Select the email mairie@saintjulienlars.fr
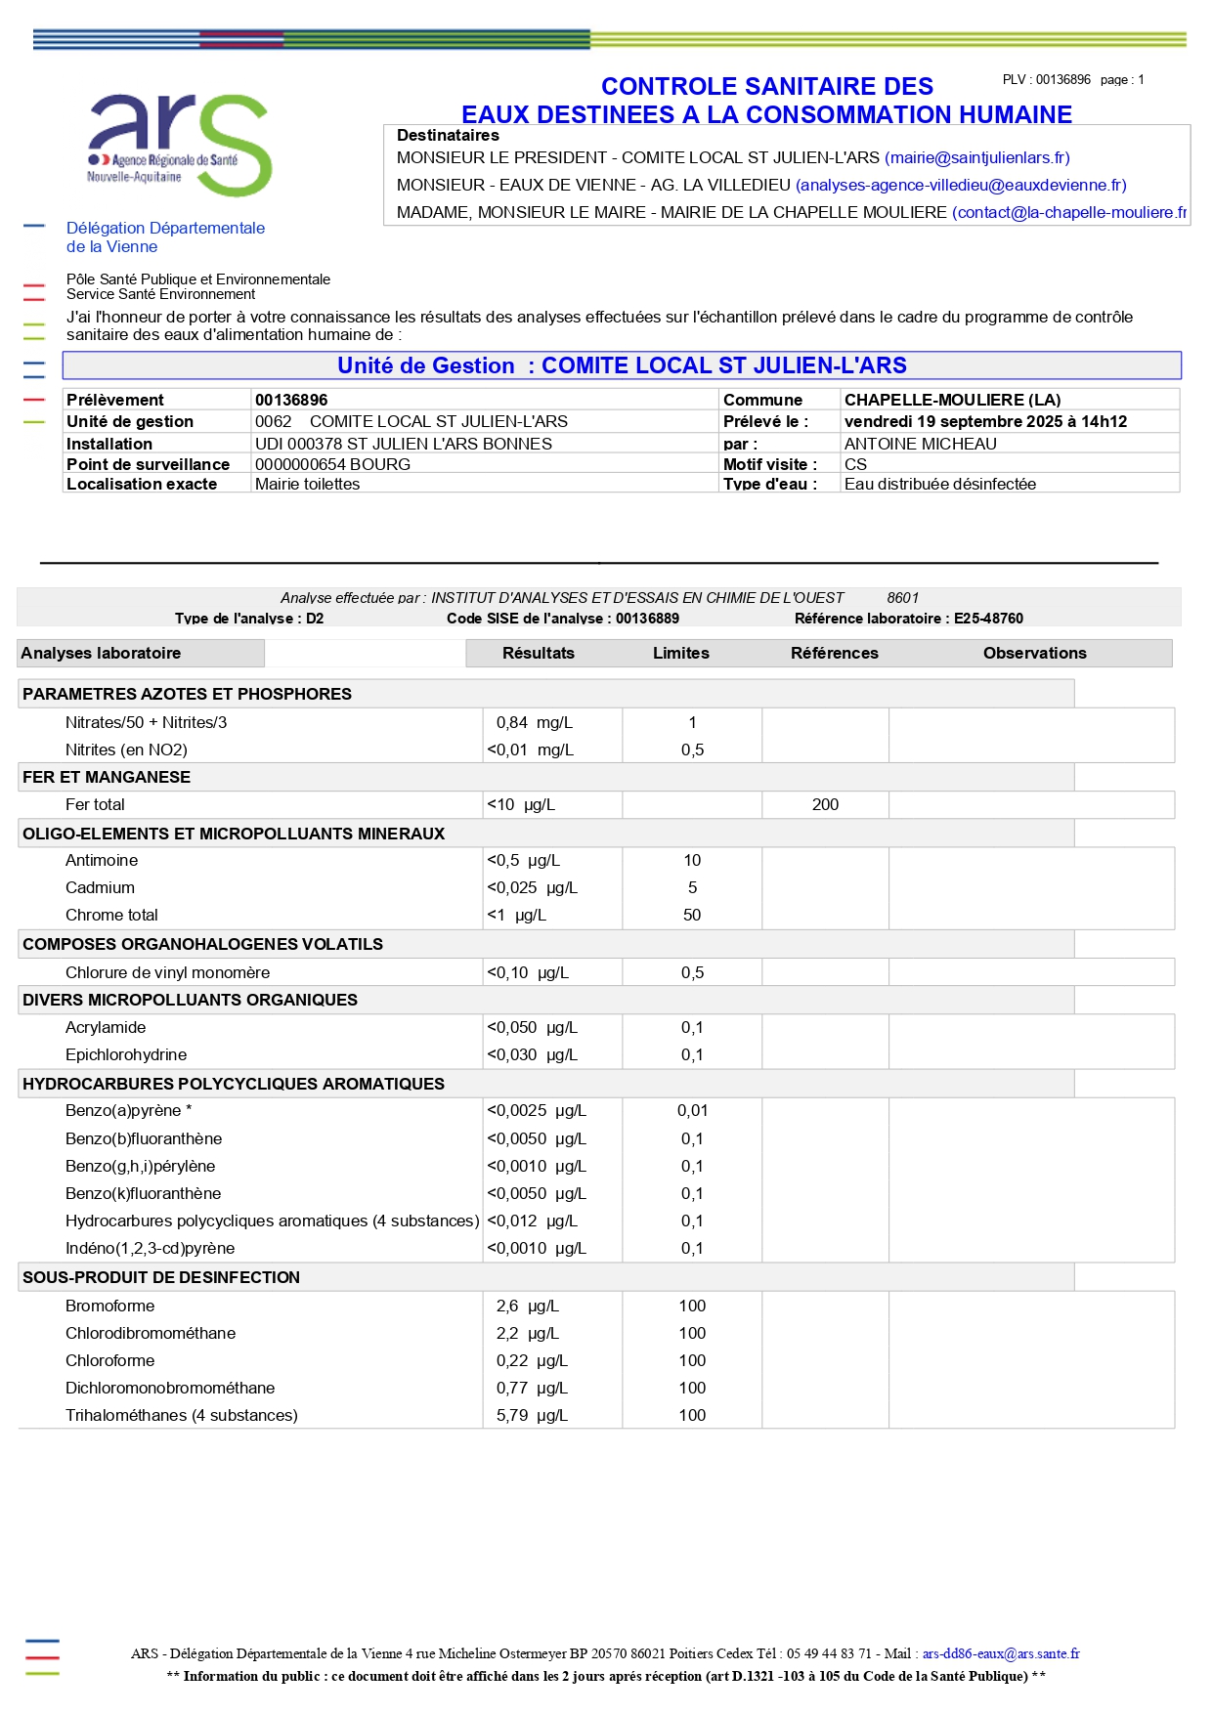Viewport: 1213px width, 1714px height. pos(976,158)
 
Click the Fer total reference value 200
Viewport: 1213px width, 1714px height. pos(825,805)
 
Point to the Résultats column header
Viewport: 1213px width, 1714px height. pos(538,654)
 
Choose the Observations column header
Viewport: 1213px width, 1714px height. pos(1034,654)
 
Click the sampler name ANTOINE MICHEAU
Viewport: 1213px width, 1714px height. pos(920,444)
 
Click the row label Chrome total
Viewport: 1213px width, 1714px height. pos(111,916)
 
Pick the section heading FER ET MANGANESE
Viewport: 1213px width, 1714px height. pos(107,778)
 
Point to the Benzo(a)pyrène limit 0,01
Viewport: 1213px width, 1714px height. pos(692,1111)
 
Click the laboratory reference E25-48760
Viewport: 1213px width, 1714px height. pos(988,619)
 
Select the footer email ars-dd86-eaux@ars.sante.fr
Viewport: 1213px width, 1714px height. pos(1001,1653)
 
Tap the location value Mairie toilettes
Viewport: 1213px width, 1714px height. pos(307,485)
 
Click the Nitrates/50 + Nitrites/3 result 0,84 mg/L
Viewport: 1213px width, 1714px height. pos(534,723)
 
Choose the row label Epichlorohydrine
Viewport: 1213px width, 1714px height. pos(126,1055)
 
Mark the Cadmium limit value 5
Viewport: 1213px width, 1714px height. pos(692,888)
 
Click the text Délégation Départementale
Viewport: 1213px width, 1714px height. pos(165,229)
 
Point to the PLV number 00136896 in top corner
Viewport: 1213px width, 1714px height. pos(1062,80)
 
